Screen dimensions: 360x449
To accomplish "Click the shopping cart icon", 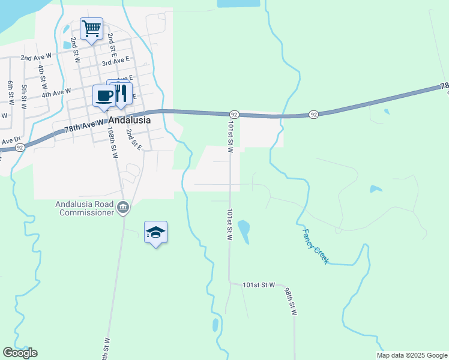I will tap(91, 28).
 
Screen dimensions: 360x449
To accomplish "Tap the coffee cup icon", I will tap(104, 96).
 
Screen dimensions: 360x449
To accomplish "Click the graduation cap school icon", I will tap(155, 232).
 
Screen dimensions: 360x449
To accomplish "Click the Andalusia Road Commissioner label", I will tap(84, 208).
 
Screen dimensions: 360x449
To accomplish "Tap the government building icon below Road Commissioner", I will tap(123, 208).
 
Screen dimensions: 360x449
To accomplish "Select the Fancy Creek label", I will tap(315, 247).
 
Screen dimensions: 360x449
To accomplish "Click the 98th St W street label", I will tap(291, 301).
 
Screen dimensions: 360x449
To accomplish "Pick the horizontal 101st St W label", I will tap(259, 284).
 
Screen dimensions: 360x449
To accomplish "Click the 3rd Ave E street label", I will tap(116, 61).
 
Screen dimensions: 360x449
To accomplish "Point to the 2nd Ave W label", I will tap(37, 58).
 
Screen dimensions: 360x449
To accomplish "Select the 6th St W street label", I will tap(10, 92).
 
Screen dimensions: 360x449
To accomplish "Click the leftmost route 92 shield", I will tap(20, 147).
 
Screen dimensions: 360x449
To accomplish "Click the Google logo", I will tap(20, 353).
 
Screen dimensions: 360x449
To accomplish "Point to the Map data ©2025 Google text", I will tap(412, 355).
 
